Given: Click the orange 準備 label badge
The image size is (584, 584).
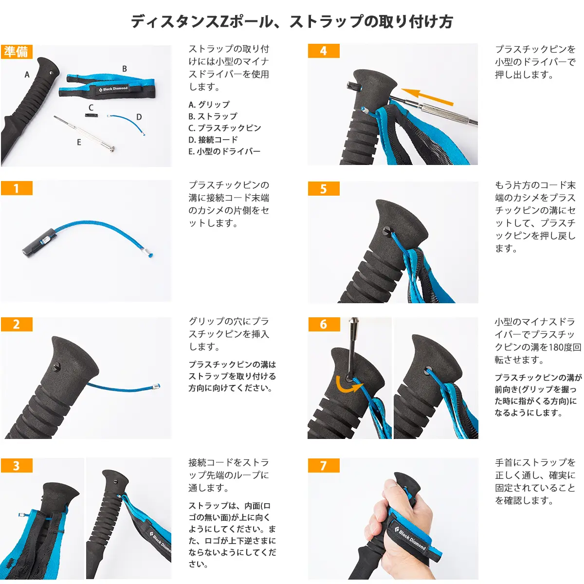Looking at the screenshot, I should point(17,52).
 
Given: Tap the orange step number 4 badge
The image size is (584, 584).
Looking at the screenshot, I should point(323,51).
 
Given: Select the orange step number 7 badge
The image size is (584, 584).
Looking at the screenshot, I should point(323,466).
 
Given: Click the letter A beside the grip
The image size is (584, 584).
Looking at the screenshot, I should point(27,74).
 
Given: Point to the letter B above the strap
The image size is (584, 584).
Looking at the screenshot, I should point(125,69).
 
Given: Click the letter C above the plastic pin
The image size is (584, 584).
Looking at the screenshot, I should point(91,108).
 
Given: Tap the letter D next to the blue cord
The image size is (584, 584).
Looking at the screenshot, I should point(139,117).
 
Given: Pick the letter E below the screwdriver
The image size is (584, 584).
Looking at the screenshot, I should point(79,142).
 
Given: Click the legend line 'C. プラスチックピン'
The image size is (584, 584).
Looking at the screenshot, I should point(225,128).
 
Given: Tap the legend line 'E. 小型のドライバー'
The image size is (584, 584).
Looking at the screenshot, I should point(224,151).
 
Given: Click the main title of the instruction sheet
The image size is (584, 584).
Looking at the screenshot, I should point(292,21).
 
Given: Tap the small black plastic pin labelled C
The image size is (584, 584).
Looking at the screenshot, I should point(91,115).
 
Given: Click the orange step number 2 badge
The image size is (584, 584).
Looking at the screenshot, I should point(17,325).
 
